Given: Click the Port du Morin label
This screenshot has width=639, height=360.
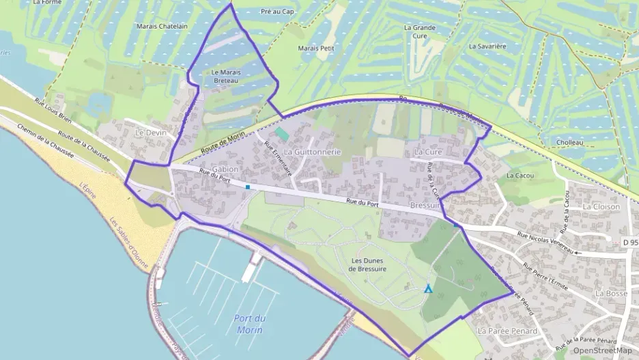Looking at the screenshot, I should [x=249, y=324].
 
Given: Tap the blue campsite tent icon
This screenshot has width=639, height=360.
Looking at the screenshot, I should [x=428, y=289].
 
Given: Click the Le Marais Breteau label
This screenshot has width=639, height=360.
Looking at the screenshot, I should [x=225, y=77].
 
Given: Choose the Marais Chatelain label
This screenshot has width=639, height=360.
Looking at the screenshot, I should [x=163, y=27].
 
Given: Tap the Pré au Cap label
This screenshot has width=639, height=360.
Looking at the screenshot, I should [x=277, y=12].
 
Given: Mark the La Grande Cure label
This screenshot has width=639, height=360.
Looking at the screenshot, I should [x=419, y=32].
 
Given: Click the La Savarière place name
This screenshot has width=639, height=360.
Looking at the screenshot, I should [x=487, y=46].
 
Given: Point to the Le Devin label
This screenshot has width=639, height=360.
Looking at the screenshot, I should [x=151, y=133].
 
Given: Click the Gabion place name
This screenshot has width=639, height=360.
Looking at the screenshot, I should [x=225, y=169].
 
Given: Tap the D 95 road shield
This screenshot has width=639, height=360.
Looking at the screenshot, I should [x=630, y=243].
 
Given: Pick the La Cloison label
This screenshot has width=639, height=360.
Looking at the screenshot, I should [x=601, y=206].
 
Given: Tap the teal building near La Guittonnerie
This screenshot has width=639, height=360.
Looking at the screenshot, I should [x=281, y=134].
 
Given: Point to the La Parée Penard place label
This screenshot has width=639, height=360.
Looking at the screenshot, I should [x=507, y=331].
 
